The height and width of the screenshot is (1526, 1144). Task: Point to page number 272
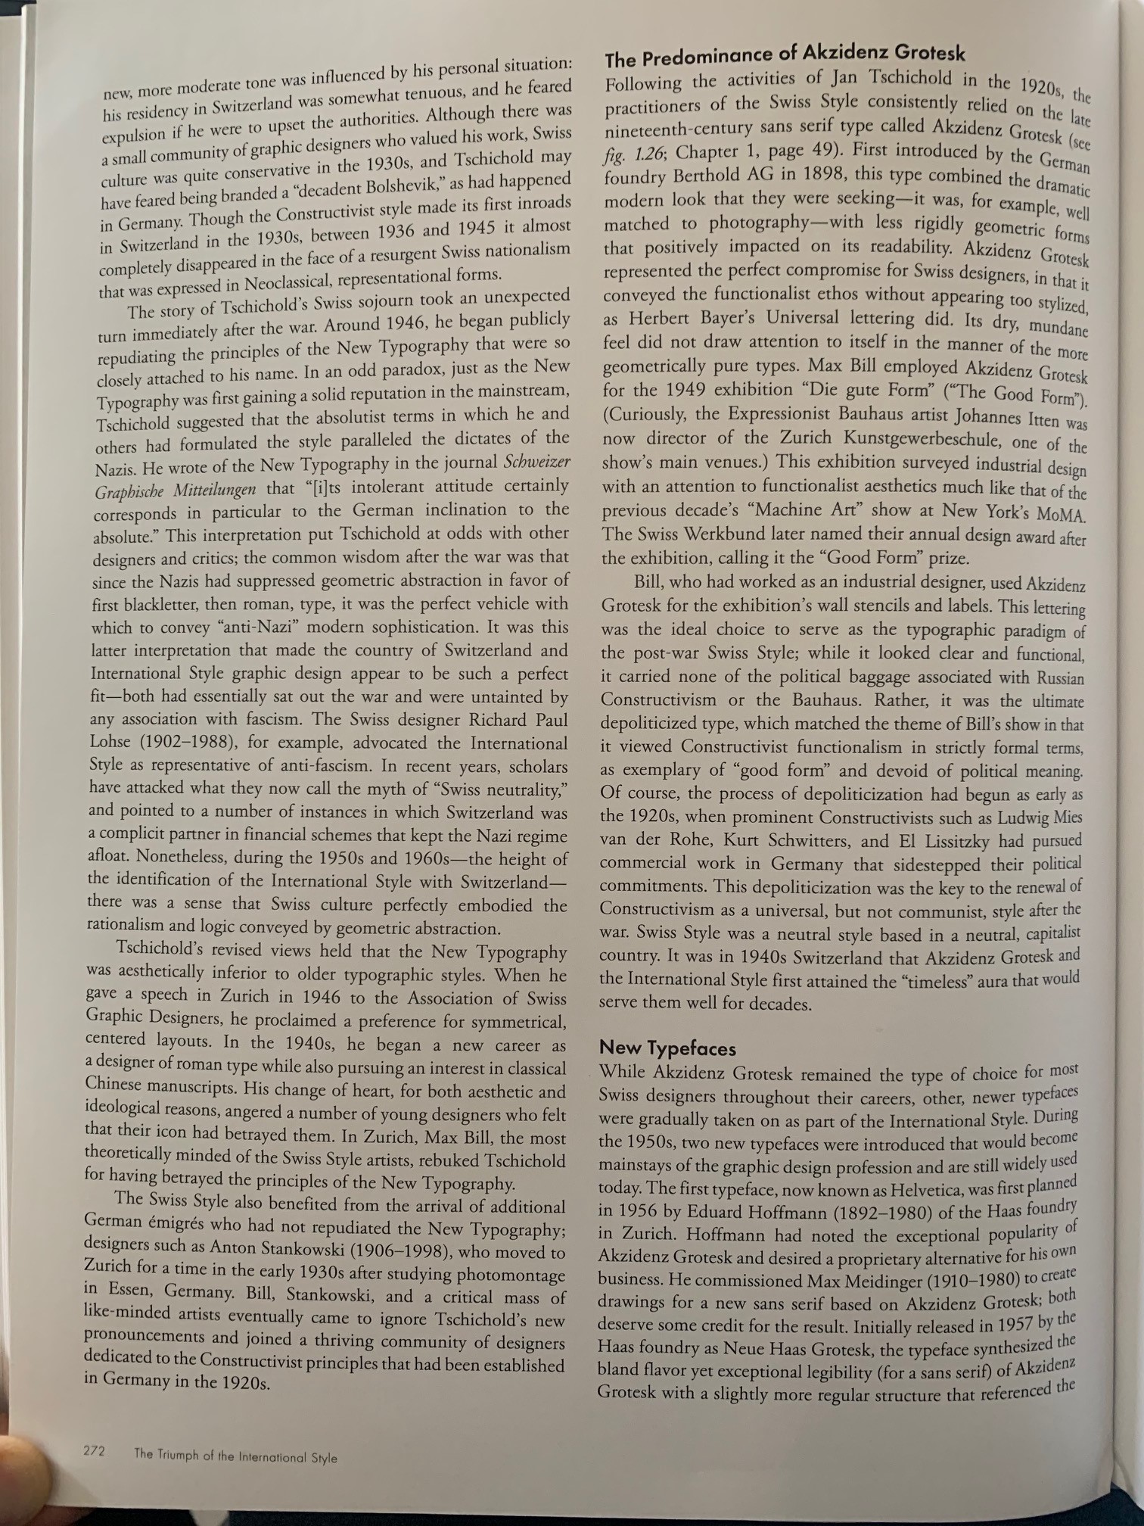click(94, 1451)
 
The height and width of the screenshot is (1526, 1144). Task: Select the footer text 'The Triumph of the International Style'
click(235, 1456)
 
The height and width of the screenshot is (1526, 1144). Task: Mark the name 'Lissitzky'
click(957, 842)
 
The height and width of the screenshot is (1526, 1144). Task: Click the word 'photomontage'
click(517, 1275)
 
